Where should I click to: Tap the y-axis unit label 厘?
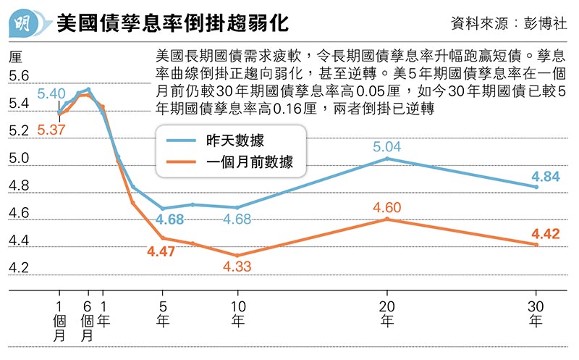pyautogui.click(x=15, y=56)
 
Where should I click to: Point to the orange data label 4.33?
pyautogui.click(x=237, y=267)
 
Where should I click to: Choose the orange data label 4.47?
pyautogui.click(x=161, y=252)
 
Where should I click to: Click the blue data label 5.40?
pyautogui.click(x=51, y=93)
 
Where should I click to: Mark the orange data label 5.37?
pyautogui.click(x=51, y=130)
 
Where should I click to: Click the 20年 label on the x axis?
pyautogui.click(x=387, y=313)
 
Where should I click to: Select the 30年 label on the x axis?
pyautogui.click(x=536, y=313)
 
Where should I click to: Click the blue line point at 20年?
pyautogui.click(x=387, y=159)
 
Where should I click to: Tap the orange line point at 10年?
pyautogui.click(x=237, y=255)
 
